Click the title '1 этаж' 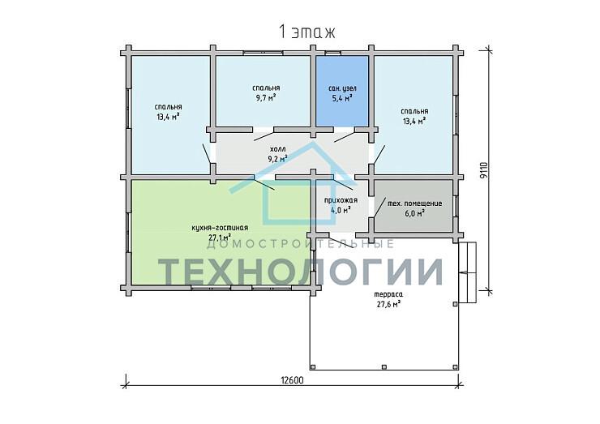[306, 32]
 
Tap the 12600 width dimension [292, 380]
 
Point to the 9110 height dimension [484, 170]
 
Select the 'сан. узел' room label [342, 88]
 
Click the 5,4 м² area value [341, 98]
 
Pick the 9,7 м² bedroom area [266, 97]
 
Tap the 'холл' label [278, 148]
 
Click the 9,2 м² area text [278, 157]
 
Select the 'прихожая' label [341, 200]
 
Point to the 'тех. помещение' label [415, 203]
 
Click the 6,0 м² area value [415, 213]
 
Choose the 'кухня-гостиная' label [220, 228]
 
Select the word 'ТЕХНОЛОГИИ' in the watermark [301, 271]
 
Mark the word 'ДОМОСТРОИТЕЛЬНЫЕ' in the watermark [300, 244]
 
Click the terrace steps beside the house [468, 272]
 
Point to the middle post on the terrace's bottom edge [384, 367]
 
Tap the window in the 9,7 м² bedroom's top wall [257, 53]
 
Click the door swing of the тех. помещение [379, 207]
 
